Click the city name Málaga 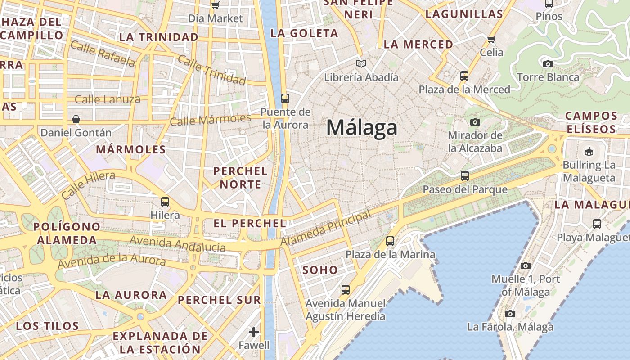(x=362, y=128)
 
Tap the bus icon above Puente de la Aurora (x=285, y=98)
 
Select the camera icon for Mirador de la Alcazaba (x=475, y=122)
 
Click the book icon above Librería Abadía (x=361, y=64)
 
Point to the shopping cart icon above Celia (x=491, y=39)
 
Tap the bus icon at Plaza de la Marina (x=390, y=241)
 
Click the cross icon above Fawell (x=254, y=332)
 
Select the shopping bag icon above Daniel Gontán (x=76, y=119)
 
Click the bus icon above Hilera (x=165, y=202)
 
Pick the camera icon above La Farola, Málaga (x=510, y=314)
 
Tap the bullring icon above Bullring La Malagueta (x=589, y=151)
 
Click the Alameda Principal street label (x=326, y=228)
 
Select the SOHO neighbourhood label (x=320, y=270)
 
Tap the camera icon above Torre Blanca (x=548, y=64)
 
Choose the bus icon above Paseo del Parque (x=465, y=176)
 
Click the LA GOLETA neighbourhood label (x=304, y=33)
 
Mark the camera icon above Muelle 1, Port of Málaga (x=525, y=265)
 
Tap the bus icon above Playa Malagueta (x=597, y=224)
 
